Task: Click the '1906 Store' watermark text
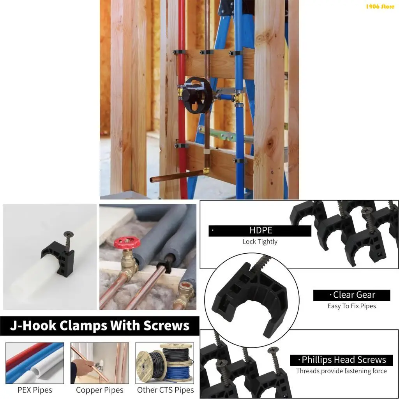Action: coord(380,7)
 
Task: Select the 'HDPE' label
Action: coord(260,231)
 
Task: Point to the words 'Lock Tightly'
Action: coord(260,242)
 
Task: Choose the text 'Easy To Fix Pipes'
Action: coord(351,306)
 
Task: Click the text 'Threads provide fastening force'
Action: coord(341,371)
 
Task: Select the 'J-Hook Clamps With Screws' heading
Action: coord(100,326)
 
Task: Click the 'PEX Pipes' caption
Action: coord(35,390)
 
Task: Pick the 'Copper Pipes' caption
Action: coord(100,390)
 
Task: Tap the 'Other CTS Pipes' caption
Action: coord(165,390)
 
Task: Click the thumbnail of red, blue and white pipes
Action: coord(35,363)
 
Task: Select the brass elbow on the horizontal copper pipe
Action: coord(206,171)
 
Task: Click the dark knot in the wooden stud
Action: coord(270,143)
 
